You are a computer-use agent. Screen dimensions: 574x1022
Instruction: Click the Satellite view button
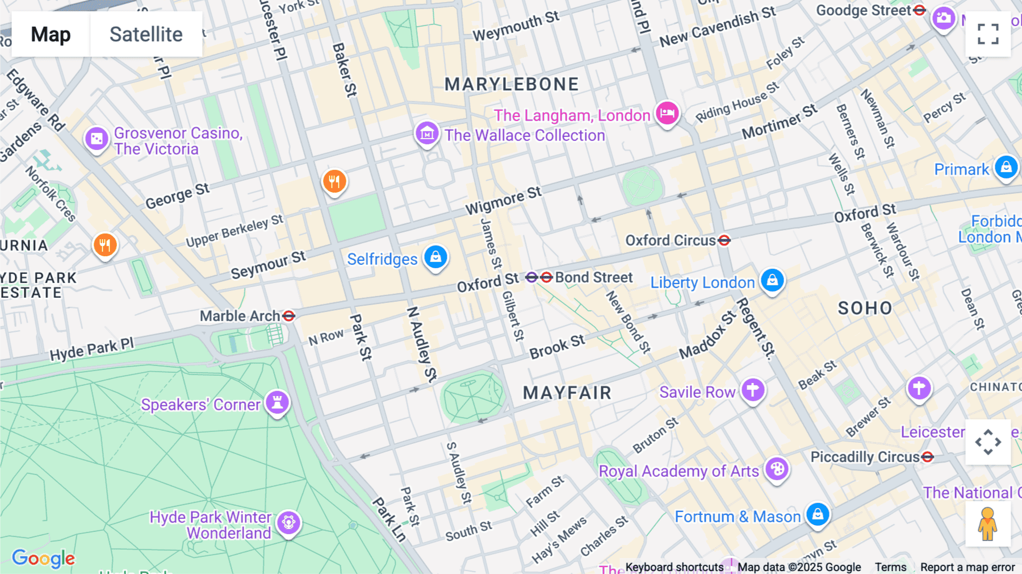(x=146, y=34)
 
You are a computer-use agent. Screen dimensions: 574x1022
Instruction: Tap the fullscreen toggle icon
(x=988, y=34)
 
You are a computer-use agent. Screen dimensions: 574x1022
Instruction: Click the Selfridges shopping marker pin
(x=435, y=257)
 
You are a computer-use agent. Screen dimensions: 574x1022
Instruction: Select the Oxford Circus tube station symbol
(x=724, y=240)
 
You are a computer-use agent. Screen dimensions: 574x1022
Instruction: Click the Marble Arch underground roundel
(x=288, y=315)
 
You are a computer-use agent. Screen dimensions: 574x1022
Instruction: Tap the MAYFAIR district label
(x=567, y=393)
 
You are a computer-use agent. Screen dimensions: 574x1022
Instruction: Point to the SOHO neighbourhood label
(x=865, y=309)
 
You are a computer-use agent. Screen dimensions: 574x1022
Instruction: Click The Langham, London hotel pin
(x=667, y=113)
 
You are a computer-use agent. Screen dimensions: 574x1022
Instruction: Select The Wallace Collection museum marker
(x=427, y=134)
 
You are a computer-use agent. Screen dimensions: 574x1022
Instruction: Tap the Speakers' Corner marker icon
(x=277, y=402)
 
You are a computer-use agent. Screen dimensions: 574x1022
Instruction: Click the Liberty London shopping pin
(x=772, y=280)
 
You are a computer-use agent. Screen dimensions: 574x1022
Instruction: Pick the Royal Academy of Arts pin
(x=777, y=469)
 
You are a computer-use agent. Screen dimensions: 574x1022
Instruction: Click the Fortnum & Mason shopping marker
(x=818, y=514)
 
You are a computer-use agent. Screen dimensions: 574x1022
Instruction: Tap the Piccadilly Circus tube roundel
(x=928, y=457)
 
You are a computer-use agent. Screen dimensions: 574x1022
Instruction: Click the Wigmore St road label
(x=503, y=201)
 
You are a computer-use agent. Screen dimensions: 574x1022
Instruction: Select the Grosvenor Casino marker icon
(x=97, y=139)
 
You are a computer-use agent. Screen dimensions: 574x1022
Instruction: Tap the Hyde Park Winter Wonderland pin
(x=288, y=522)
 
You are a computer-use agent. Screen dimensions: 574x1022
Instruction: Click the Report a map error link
(x=967, y=567)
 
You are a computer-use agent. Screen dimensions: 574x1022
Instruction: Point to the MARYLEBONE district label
(x=511, y=85)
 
